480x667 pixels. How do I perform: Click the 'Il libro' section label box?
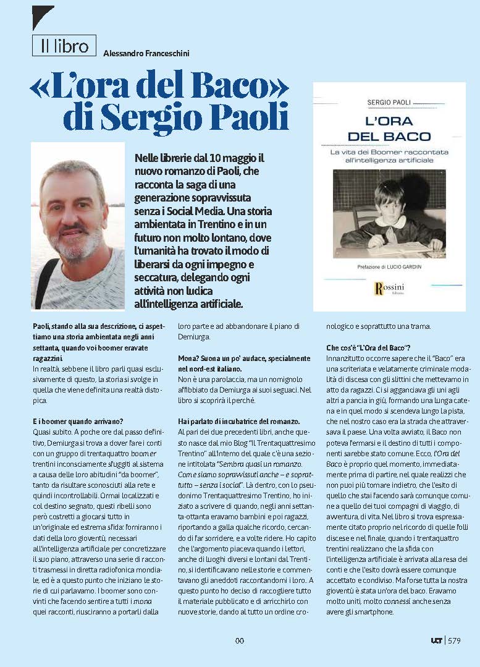click(64, 45)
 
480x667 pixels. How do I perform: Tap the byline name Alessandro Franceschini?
click(146, 54)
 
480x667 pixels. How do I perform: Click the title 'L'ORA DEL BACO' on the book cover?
click(389, 129)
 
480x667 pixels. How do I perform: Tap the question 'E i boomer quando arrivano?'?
click(78, 421)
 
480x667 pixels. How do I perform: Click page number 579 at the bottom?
click(454, 640)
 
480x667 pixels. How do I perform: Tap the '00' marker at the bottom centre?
click(240, 640)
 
